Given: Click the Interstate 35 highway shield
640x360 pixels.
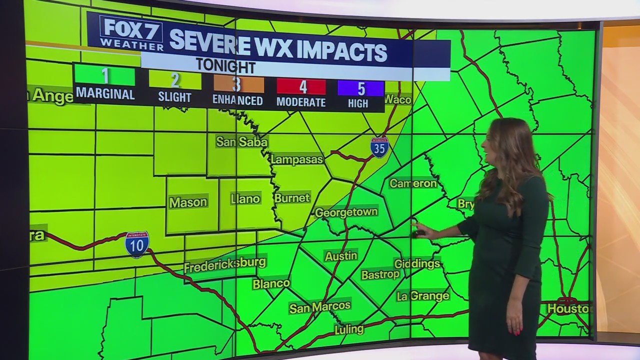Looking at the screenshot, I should click(x=379, y=147).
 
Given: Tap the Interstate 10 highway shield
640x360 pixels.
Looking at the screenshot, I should click(x=136, y=244).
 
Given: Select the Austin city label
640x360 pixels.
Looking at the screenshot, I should click(x=341, y=256).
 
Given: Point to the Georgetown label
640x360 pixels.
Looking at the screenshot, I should click(x=346, y=212).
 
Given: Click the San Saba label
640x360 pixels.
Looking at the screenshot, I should click(x=242, y=142).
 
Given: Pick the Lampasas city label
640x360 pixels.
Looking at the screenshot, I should click(x=297, y=159).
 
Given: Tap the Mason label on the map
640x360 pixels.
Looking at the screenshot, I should click(x=188, y=202).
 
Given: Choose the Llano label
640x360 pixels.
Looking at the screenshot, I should click(x=245, y=199).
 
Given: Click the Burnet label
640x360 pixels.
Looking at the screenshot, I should click(x=292, y=198).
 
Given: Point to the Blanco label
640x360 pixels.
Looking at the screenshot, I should click(x=271, y=284).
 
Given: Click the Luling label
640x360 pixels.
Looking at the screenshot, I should click(x=349, y=329).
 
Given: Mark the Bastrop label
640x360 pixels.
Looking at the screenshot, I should click(x=380, y=274).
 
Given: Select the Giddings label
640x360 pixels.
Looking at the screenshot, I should click(x=417, y=263).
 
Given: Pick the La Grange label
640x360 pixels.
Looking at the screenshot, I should click(x=423, y=296).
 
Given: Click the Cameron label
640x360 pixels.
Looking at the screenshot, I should click(x=413, y=183).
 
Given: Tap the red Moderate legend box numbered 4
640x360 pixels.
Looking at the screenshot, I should click(x=301, y=87).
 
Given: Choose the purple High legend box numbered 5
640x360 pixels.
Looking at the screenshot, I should click(x=360, y=88).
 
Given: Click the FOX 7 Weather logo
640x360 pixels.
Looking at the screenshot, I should click(x=131, y=33).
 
